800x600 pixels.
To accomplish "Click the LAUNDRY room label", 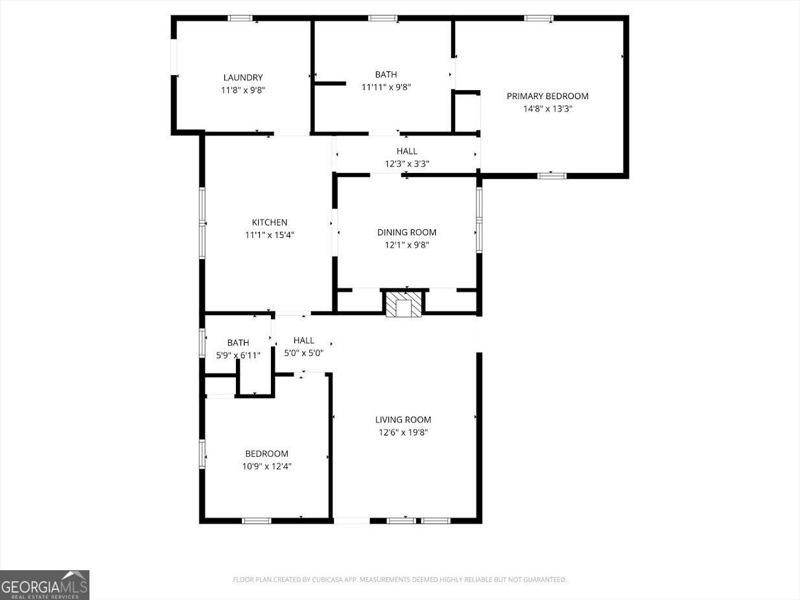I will tap(243, 78).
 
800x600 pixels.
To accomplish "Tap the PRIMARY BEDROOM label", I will tap(547, 97).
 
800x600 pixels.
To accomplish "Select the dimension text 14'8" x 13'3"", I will tap(547, 109).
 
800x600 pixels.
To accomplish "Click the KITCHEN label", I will tap(269, 222).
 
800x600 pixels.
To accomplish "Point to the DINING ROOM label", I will tap(406, 232).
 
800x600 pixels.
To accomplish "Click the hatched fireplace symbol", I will tap(403, 305).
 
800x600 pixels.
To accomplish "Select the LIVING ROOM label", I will tap(403, 420).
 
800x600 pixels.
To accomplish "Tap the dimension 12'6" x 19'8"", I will tap(403, 432).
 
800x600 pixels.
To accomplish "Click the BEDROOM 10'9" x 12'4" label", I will tap(266, 454).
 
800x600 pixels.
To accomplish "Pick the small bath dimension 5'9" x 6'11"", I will tap(238, 355).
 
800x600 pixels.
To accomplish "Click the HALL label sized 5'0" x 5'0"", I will tap(303, 340).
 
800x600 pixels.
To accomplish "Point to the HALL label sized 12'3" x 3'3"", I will tap(406, 151).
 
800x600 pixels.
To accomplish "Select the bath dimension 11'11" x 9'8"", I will tap(386, 87).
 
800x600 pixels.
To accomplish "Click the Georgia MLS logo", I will tap(44, 584).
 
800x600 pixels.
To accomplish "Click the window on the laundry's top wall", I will tap(241, 18).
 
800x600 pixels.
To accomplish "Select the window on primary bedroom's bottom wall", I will tap(552, 175).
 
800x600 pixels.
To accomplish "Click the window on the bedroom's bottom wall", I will tap(256, 520).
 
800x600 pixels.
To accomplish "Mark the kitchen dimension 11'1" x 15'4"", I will tap(269, 235).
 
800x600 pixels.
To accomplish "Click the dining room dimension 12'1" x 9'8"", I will tap(406, 245).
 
